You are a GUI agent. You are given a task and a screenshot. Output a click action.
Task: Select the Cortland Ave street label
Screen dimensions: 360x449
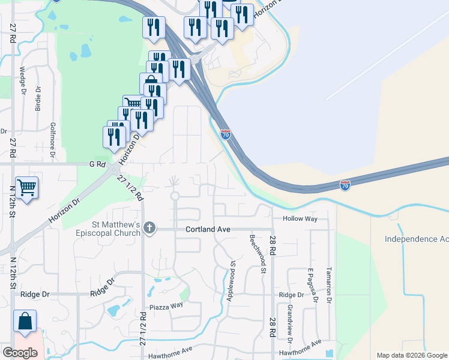tap(208, 229)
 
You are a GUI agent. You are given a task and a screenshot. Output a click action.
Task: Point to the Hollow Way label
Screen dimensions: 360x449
tap(300, 219)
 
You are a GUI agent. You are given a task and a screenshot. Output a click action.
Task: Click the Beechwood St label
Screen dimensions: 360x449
tap(262, 254)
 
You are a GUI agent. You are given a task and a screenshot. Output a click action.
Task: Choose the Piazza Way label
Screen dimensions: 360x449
tap(166, 306)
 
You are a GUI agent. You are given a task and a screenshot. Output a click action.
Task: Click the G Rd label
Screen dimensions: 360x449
tap(96, 163)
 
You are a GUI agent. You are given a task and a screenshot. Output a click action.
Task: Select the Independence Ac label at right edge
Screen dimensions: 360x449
tap(417, 239)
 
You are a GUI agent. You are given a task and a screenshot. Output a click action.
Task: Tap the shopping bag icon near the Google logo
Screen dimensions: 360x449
tap(25, 322)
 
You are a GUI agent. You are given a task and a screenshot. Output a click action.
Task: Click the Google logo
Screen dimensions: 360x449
tap(20, 353)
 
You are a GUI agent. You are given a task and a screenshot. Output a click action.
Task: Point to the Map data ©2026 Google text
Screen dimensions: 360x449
tap(411, 355)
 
